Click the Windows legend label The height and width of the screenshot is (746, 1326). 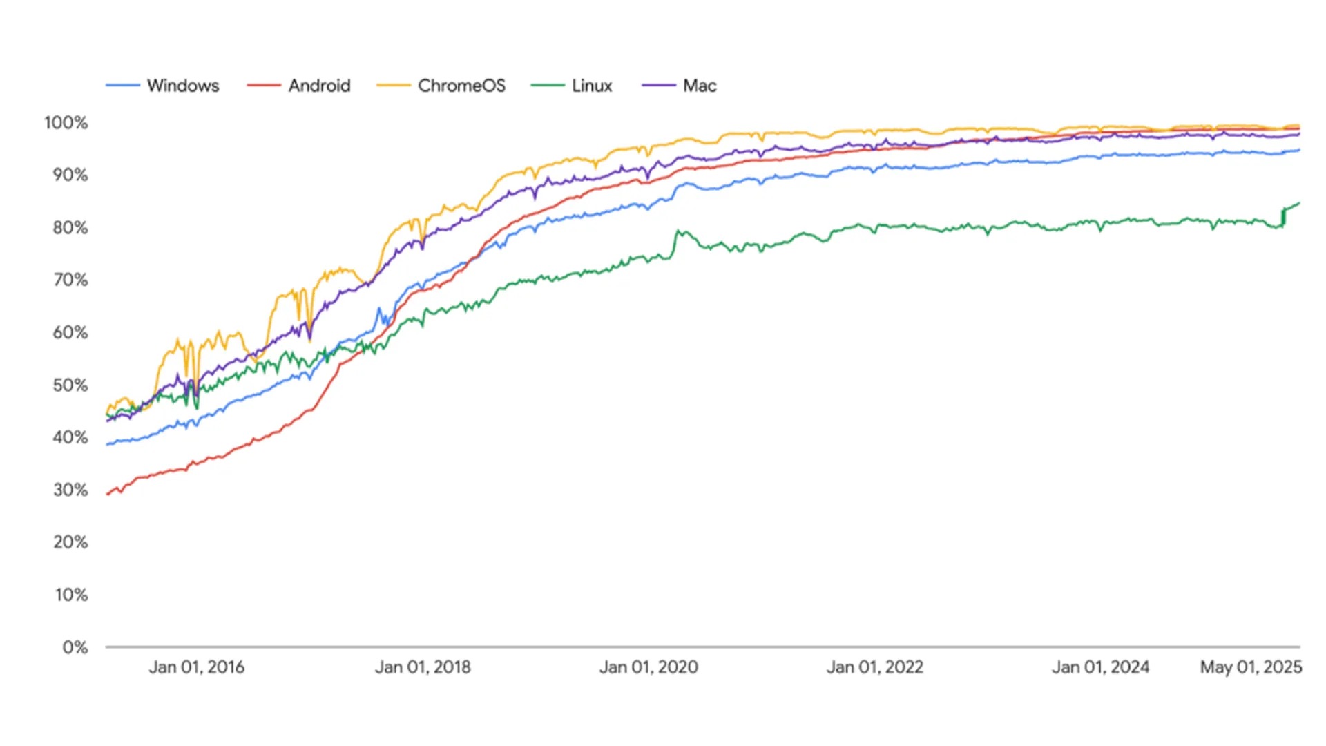(x=183, y=86)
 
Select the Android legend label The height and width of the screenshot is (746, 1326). (x=319, y=86)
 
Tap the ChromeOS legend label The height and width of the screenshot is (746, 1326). (x=461, y=86)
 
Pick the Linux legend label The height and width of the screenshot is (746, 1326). (x=592, y=86)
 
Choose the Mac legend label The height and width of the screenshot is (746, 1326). (x=700, y=86)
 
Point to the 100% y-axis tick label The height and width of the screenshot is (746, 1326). (x=66, y=123)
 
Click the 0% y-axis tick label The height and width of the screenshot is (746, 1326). (x=75, y=647)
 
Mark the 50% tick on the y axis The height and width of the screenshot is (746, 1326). (x=70, y=385)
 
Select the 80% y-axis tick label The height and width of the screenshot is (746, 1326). (x=70, y=228)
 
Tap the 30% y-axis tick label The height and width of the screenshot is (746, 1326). (x=70, y=490)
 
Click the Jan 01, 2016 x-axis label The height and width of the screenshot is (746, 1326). (x=197, y=667)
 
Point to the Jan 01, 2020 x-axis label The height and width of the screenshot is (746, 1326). (x=648, y=667)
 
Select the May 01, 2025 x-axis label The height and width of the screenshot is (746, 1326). (x=1251, y=667)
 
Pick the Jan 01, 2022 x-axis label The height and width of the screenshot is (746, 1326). (x=875, y=667)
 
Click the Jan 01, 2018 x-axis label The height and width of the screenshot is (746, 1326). (x=423, y=667)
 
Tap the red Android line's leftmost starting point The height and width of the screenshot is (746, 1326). (x=108, y=494)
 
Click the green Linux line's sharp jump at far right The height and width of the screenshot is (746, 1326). (x=1284, y=216)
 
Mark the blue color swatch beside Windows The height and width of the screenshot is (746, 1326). (x=123, y=86)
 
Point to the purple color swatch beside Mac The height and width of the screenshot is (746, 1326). (x=659, y=86)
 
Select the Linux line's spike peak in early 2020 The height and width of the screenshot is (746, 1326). (x=678, y=231)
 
